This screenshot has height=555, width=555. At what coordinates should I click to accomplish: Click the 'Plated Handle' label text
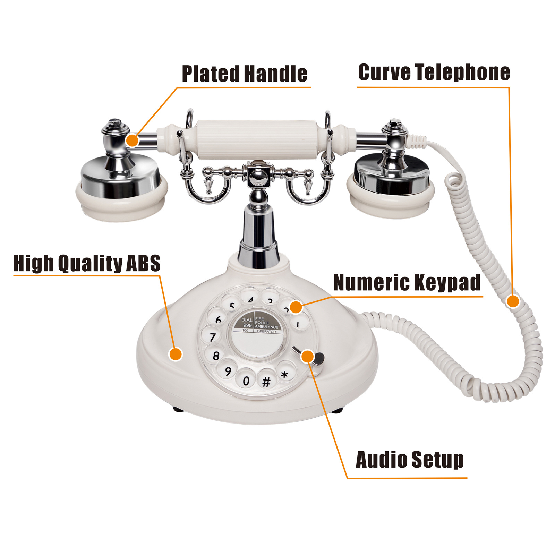coord(245,74)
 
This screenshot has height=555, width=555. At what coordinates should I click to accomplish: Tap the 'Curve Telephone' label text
coord(434,72)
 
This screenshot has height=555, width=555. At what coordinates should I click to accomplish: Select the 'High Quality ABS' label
coord(87,264)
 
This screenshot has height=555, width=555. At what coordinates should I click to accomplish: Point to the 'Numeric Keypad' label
coord(407,283)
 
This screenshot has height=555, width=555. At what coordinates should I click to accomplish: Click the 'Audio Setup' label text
coord(410,460)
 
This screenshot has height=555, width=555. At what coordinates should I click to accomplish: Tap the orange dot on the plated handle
coord(132,140)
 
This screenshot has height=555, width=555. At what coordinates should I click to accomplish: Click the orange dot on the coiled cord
coord(513,301)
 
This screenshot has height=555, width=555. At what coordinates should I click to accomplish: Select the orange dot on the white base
coord(176,354)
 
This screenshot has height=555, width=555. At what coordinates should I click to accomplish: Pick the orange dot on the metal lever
coord(307,356)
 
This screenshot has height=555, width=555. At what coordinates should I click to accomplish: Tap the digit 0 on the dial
coord(246,381)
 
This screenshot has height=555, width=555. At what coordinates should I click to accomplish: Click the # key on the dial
coord(266,382)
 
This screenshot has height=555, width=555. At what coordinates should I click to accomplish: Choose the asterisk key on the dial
coord(284,375)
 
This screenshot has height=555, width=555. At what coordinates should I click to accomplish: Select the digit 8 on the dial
coord(216,356)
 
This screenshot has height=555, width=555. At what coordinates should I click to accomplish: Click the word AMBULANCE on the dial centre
coord(266,327)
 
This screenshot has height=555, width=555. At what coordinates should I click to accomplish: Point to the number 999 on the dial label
coord(247,325)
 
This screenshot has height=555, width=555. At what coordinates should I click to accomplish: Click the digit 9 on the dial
coord(228,371)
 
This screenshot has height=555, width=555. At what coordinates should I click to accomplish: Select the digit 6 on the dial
coord(218,319)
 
